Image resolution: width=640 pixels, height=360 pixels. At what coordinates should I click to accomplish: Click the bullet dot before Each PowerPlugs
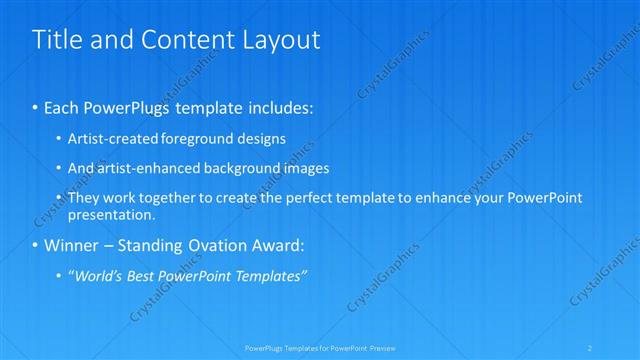coord(36,107)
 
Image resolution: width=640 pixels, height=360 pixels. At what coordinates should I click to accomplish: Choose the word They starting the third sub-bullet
coord(84,198)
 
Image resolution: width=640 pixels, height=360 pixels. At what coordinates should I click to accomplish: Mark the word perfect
coord(279,198)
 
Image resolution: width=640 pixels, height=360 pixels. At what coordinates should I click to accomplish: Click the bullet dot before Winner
coord(36,246)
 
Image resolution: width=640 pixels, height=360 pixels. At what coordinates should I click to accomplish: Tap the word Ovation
coord(225,246)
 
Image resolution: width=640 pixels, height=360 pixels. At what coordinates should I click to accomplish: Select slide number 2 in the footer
coord(591,347)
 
